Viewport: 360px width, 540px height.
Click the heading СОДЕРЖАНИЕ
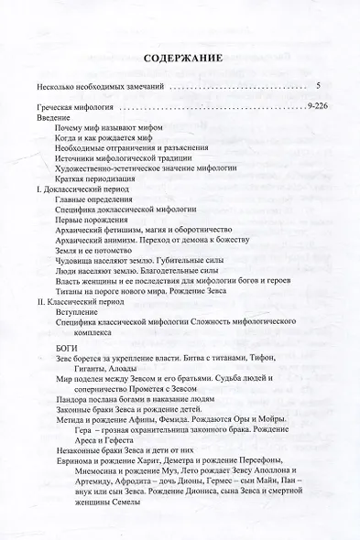180,60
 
